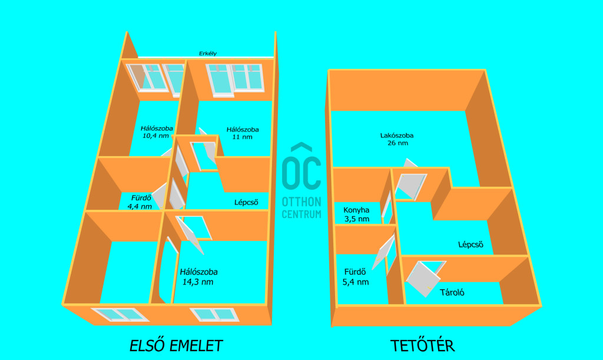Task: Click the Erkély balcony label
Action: point(208,54)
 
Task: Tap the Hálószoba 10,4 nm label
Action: point(157,132)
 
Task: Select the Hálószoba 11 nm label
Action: point(242,133)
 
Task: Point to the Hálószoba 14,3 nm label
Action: point(198,277)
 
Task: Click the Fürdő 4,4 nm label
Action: point(140,202)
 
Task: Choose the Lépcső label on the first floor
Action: point(246,202)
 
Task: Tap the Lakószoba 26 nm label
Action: point(397,139)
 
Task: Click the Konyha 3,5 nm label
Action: point(356,214)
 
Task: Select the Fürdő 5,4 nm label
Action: point(355,277)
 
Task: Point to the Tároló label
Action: point(452,293)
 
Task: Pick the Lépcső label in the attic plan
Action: point(471,245)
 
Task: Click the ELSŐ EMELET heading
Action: point(176,345)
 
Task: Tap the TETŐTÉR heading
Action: point(423,345)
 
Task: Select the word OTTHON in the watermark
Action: point(301,202)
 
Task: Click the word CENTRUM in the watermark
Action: point(301,214)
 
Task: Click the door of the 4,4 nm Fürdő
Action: point(160,196)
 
